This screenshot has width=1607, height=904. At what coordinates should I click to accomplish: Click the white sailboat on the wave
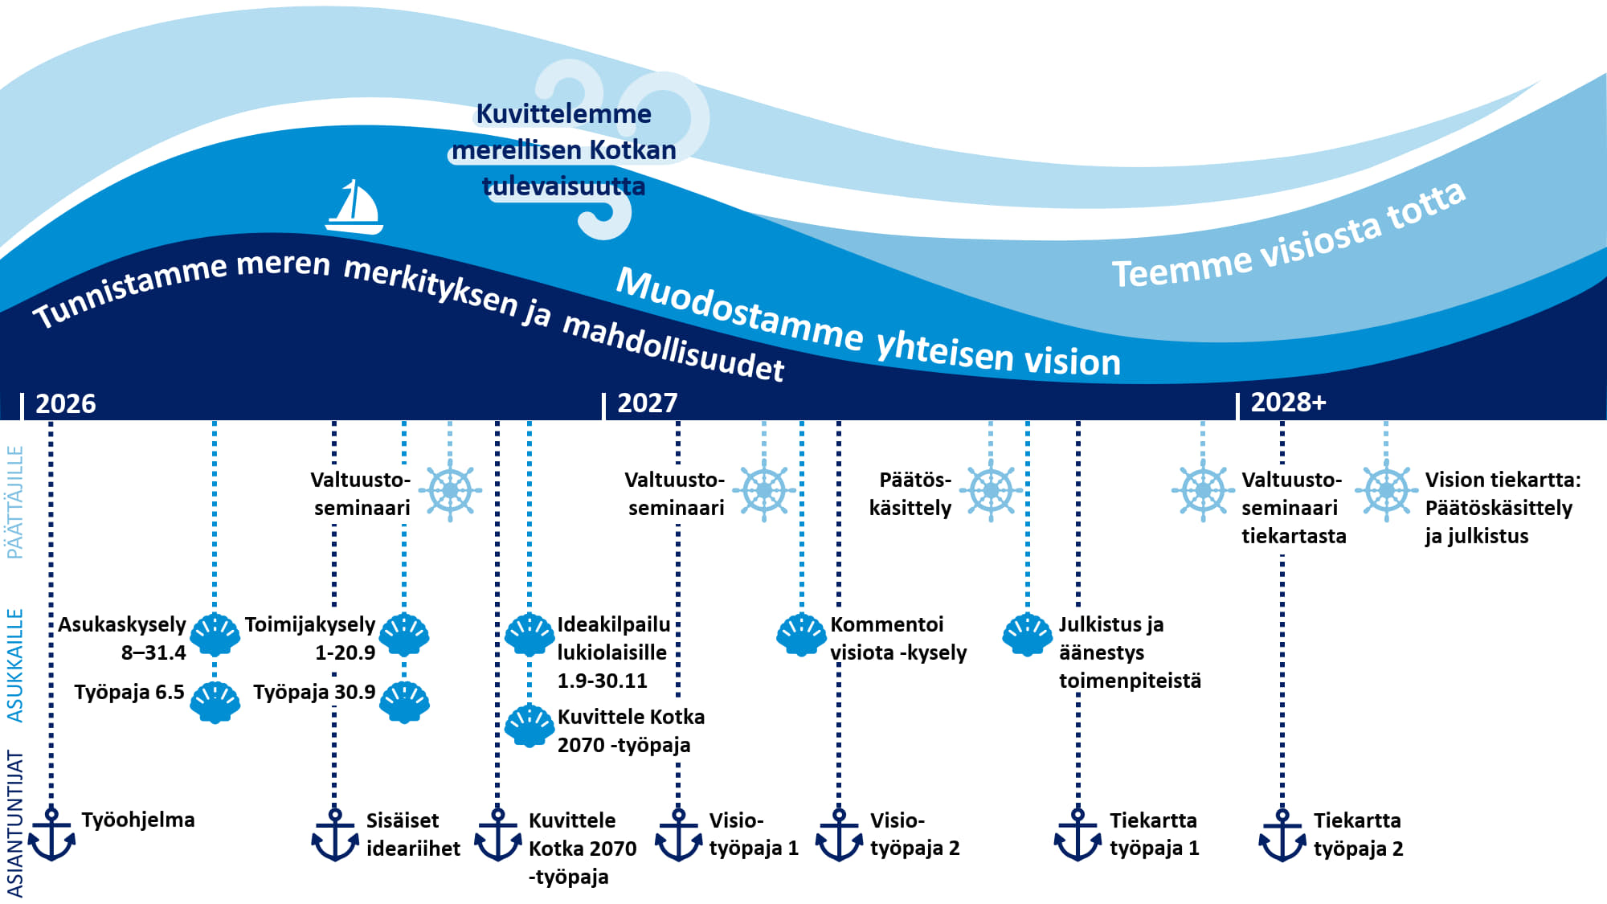[x=354, y=207]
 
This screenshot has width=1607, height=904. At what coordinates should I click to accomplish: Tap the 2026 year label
[x=66, y=403]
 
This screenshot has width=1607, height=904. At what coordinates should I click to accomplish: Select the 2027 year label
[x=648, y=403]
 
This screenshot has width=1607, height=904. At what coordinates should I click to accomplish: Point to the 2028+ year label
[x=1288, y=402]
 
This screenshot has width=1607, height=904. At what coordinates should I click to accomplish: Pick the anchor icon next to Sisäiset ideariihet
[x=335, y=835]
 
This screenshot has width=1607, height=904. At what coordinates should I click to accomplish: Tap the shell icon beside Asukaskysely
[x=215, y=635]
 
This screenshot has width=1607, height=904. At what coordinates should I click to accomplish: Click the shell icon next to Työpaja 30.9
[x=404, y=702]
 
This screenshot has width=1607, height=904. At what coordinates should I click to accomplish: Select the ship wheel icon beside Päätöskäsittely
[x=991, y=490]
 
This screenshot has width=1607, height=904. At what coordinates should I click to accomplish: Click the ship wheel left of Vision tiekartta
[x=1386, y=490]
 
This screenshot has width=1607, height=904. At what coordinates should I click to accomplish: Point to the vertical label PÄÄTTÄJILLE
[x=15, y=502]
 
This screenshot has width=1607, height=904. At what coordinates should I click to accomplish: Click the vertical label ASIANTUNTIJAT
[x=15, y=823]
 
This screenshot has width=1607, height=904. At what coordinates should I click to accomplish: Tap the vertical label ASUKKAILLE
[x=15, y=665]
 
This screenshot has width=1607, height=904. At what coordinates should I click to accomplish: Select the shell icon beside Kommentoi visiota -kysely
[x=801, y=635]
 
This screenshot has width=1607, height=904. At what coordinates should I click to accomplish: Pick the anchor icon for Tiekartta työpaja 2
[x=1282, y=835]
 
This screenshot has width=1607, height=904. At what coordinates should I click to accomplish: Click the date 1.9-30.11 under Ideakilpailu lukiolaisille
[x=603, y=681]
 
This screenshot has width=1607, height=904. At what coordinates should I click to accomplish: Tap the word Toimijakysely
[x=310, y=624]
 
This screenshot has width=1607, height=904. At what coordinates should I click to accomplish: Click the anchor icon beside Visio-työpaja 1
[x=679, y=835]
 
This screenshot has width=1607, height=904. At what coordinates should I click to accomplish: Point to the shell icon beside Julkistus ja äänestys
[x=1027, y=635]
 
